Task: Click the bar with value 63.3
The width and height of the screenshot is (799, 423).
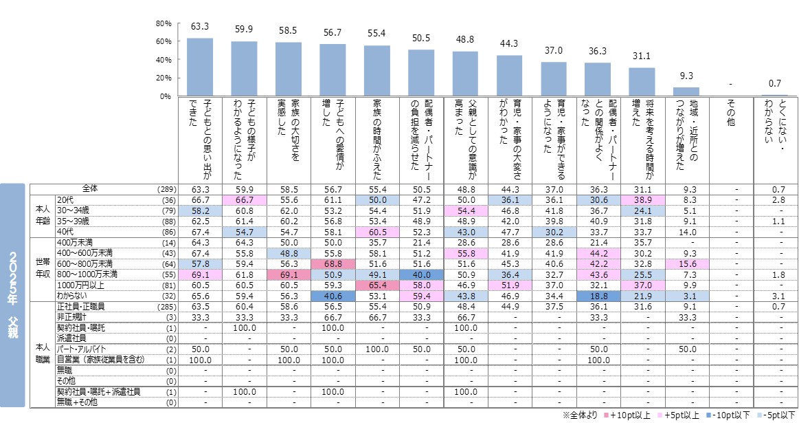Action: pyautogui.click(x=200, y=67)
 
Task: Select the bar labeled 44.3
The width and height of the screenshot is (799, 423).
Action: pyautogui.click(x=509, y=76)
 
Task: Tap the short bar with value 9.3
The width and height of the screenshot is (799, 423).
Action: pyautogui.click(x=686, y=91)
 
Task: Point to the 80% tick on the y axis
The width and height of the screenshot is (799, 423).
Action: pyautogui.click(x=164, y=23)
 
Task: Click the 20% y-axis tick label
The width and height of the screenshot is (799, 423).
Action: pyautogui.click(x=164, y=78)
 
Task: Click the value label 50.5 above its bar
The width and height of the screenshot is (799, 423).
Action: pyautogui.click(x=421, y=38)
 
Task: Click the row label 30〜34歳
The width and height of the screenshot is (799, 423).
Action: pyautogui.click(x=71, y=209)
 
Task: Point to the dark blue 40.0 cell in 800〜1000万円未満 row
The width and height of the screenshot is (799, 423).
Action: pyautogui.click(x=421, y=273)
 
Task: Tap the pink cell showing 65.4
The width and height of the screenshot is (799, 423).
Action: pyautogui.click(x=377, y=283)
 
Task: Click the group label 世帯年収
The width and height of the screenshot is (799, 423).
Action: pyautogui.click(x=43, y=268)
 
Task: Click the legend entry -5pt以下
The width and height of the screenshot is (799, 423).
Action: pyautogui.click(x=778, y=415)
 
